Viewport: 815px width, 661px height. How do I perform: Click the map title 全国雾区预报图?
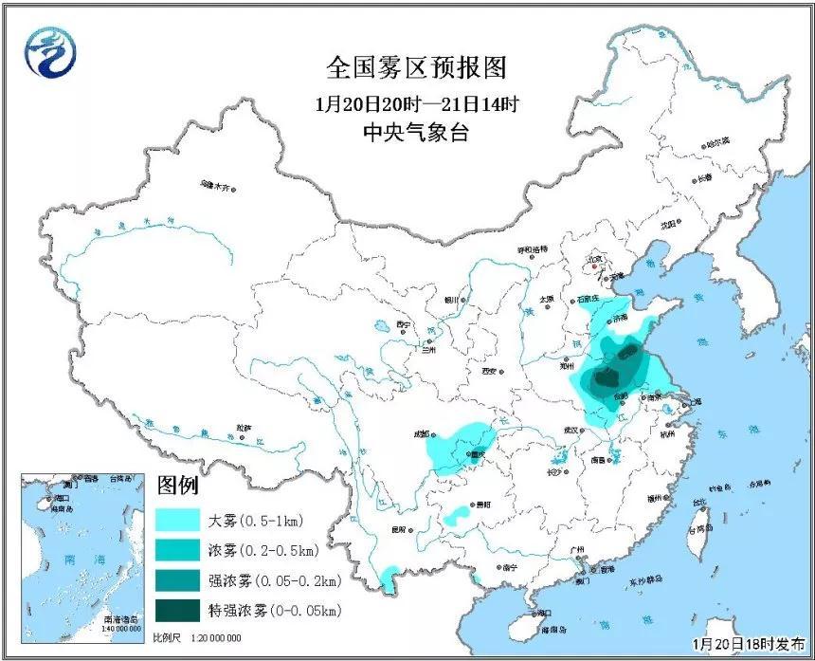(416, 68)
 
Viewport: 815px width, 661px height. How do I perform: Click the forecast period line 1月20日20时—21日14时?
(416, 102)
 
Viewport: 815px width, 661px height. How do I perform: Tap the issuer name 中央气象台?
(416, 133)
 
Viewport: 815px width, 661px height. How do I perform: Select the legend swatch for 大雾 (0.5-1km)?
(179, 520)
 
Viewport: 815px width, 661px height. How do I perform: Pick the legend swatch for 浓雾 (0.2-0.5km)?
(179, 549)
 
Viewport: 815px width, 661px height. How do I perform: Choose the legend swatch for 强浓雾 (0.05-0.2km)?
(179, 579)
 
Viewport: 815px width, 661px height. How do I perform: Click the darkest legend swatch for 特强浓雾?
(179, 609)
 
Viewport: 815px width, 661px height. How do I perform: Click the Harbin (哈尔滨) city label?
(717, 141)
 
